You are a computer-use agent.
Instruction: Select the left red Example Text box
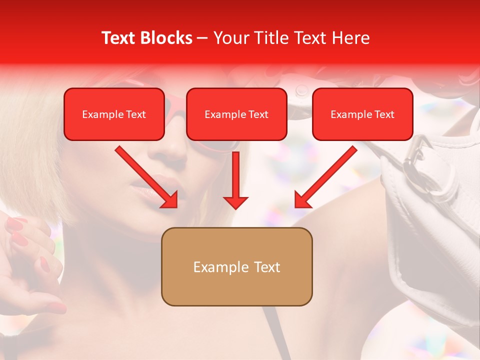pyautogui.click(x=114, y=114)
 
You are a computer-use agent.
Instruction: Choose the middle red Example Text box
pyautogui.click(x=236, y=114)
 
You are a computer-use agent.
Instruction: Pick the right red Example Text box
pyautogui.click(x=362, y=114)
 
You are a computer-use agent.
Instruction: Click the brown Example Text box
pyautogui.click(x=236, y=266)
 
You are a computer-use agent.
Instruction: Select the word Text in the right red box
pyautogui.click(x=384, y=114)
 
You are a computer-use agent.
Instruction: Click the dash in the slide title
pyautogui.click(x=202, y=38)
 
